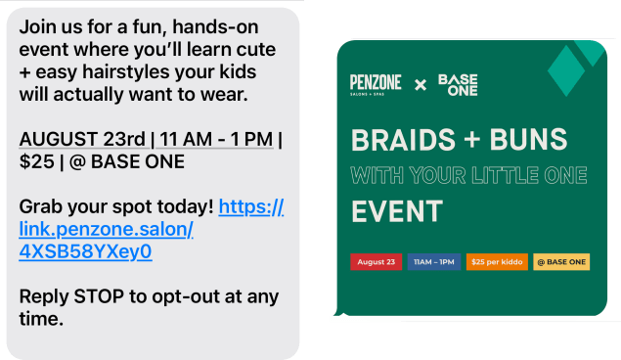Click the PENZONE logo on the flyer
click(376, 84)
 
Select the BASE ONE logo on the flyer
click(458, 84)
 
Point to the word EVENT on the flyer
click(396, 210)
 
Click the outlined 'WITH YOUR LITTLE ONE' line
click(468, 176)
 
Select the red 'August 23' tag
click(376, 262)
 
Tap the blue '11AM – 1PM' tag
click(433, 262)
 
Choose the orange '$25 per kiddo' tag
click(497, 262)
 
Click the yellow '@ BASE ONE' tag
click(561, 262)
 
